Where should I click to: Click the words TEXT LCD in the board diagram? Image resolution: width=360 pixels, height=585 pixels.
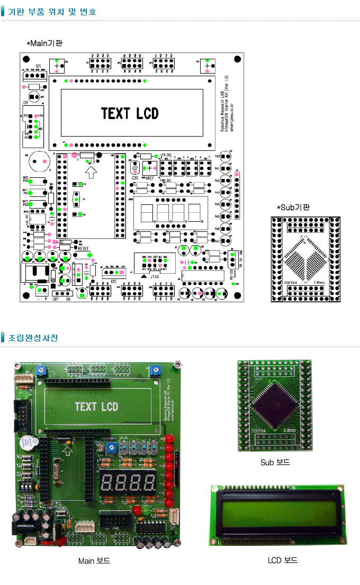130,114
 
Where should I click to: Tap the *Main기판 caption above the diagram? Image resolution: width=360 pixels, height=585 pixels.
44,43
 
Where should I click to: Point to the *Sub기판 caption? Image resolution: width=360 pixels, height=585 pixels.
293,207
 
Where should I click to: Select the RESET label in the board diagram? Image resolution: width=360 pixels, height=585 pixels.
84,247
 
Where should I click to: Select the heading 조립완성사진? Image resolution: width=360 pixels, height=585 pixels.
33,338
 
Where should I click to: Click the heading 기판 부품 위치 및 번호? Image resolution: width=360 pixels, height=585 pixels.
52,11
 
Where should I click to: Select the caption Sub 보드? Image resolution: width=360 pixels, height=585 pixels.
275,462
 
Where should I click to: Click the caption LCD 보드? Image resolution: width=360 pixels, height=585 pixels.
283,560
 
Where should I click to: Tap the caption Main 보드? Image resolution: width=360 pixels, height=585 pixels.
94,560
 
